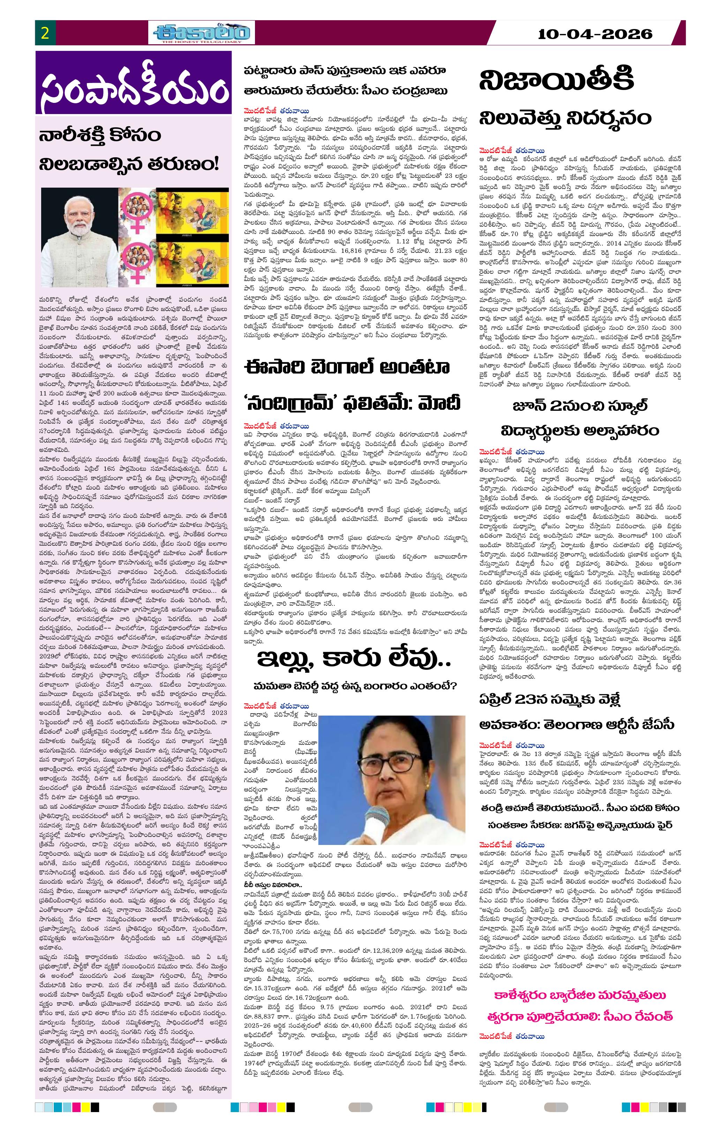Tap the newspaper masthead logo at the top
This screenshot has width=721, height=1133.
click(x=202, y=33)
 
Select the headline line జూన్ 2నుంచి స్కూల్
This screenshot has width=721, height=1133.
click(x=579, y=406)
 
